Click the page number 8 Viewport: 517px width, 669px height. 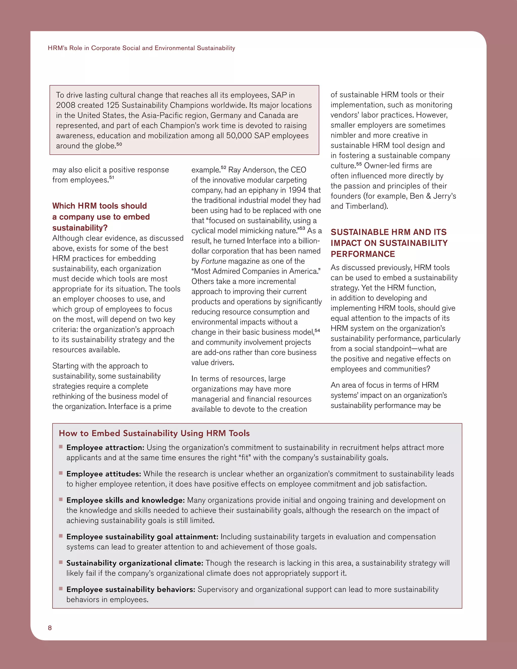[x=50, y=628]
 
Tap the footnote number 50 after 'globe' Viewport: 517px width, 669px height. [x=119, y=144]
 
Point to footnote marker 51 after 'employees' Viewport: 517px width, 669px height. [x=112, y=177]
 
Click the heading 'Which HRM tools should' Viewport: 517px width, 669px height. [x=99, y=205]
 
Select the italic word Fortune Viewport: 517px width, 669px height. [x=214, y=261]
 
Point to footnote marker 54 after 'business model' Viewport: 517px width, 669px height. [x=317, y=330]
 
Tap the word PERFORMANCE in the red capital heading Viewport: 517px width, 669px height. [x=363, y=254]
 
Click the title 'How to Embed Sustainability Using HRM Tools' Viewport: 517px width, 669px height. [x=154, y=433]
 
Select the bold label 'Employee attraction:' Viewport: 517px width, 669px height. [x=105, y=448]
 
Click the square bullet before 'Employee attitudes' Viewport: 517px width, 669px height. [x=61, y=473]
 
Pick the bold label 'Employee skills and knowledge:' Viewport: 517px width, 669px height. [x=125, y=500]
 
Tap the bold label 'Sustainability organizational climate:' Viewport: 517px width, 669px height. [x=135, y=563]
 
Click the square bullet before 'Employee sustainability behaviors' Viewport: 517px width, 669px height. [x=61, y=588]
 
